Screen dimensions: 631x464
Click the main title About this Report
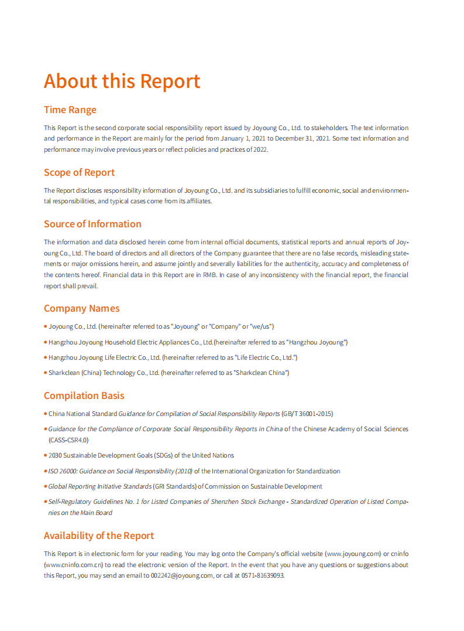(122, 81)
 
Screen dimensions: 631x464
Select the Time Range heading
(70, 110)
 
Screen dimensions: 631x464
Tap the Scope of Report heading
(79, 172)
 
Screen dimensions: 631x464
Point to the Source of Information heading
(92, 224)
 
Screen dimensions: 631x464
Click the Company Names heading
(81, 308)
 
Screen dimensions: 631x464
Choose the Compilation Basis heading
(84, 395)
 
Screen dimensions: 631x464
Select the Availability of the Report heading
(99, 536)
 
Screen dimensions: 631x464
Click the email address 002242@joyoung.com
(181, 575)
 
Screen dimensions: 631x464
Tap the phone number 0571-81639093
(262, 575)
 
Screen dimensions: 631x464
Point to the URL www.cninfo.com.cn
(74, 565)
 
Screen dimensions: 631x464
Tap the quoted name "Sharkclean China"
(261, 373)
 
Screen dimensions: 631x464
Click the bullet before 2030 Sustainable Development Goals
(46, 455)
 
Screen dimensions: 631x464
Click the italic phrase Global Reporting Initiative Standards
(99, 486)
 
